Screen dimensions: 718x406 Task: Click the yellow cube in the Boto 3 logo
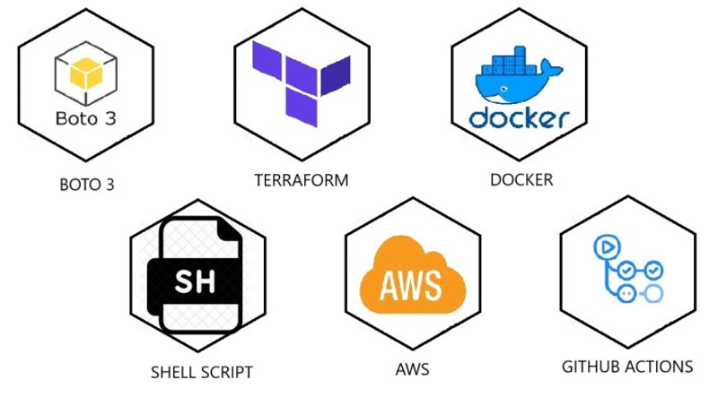click(86, 73)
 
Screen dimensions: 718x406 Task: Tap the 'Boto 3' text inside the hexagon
click(85, 118)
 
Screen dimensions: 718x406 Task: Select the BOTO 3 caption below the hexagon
click(86, 185)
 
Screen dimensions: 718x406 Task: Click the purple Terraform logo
click(302, 83)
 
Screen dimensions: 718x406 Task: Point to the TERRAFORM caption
click(302, 180)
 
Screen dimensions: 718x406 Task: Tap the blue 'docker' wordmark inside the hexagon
click(520, 118)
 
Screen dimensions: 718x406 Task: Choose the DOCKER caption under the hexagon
click(521, 179)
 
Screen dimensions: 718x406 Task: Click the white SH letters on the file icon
click(195, 281)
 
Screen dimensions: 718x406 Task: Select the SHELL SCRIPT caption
click(201, 372)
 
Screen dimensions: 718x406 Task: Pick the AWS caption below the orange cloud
click(412, 369)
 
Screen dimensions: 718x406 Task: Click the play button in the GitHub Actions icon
click(607, 247)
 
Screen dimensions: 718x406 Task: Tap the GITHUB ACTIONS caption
click(627, 367)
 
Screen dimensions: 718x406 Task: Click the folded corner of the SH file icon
click(229, 230)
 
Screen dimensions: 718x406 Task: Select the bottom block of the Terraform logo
click(302, 108)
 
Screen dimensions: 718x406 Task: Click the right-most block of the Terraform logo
click(336, 75)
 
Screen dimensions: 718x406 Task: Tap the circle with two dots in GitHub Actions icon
click(626, 294)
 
